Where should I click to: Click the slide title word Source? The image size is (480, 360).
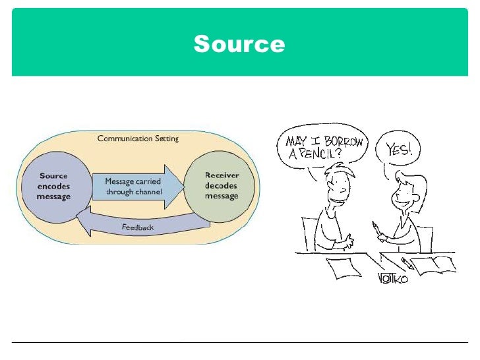tap(239, 44)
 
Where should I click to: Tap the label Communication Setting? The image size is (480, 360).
tap(138, 138)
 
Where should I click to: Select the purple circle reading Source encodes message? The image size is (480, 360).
tap(54, 187)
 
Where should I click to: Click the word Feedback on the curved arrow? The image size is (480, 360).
tap(137, 227)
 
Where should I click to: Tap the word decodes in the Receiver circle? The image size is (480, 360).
tap(222, 186)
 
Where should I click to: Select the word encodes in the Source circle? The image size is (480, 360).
tap(54, 187)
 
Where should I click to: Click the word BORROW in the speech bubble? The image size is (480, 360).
tap(340, 141)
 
